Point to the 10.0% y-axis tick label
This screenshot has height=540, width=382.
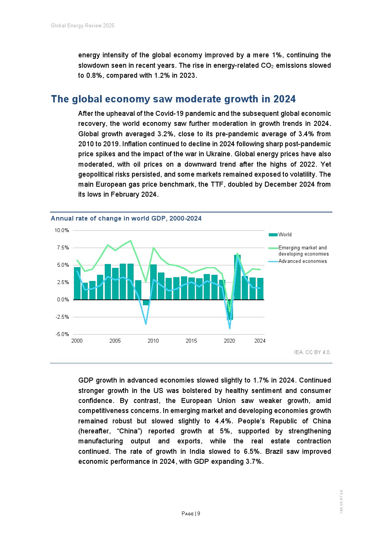tap(62, 231)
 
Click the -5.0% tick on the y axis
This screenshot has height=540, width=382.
tap(62, 334)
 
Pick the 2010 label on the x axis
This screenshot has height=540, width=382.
tap(153, 341)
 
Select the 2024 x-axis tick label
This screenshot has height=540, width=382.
tap(260, 341)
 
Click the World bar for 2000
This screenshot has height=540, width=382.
tap(77, 283)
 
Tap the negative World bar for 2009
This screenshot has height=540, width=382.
tap(146, 303)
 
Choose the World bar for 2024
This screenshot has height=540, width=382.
tap(260, 289)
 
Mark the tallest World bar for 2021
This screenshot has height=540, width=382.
tap(238, 277)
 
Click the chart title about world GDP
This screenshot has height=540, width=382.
tap(126, 219)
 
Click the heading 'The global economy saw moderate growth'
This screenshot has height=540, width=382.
tap(173, 99)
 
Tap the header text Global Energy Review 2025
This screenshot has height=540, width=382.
tap(83, 26)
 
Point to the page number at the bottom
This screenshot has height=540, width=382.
tap(191, 514)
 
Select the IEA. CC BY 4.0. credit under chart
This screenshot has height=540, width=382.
tap(312, 352)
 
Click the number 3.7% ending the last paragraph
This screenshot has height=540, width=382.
tap(254, 461)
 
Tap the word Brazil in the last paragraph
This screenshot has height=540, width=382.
tap(275, 451)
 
